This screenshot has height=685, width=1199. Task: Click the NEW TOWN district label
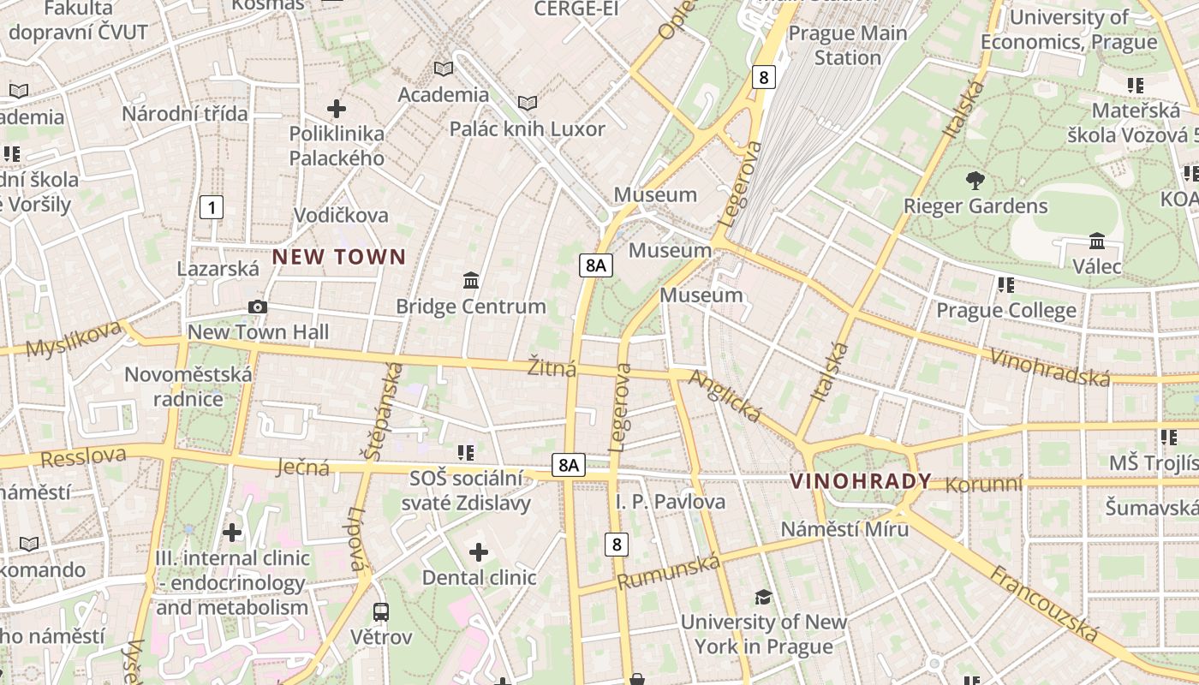(x=339, y=257)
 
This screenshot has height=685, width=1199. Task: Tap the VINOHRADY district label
(x=860, y=481)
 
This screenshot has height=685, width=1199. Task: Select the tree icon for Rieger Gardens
(x=975, y=181)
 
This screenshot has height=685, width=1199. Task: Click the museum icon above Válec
(x=1097, y=241)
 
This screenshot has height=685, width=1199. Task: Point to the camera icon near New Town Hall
(x=257, y=307)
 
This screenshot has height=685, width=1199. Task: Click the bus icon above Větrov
(x=381, y=612)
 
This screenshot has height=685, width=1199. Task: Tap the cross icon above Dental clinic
(x=479, y=552)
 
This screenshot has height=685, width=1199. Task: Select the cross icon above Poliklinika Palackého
(x=337, y=109)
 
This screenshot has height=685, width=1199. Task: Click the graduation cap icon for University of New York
(x=763, y=597)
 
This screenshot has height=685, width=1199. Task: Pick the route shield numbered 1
(x=212, y=206)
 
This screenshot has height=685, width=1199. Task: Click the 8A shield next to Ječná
(x=569, y=465)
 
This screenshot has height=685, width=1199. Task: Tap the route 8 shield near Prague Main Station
(x=763, y=77)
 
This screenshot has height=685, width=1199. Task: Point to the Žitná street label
(x=552, y=369)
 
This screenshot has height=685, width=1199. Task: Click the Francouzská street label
(x=1044, y=604)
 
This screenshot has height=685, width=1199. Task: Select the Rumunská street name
(x=669, y=570)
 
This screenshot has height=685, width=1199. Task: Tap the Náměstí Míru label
(x=844, y=529)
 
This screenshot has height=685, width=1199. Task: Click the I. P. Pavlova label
(x=671, y=502)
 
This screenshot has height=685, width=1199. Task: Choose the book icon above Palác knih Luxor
(x=528, y=104)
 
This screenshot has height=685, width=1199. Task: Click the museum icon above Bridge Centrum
(x=470, y=281)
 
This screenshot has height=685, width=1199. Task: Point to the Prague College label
(x=1006, y=310)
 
